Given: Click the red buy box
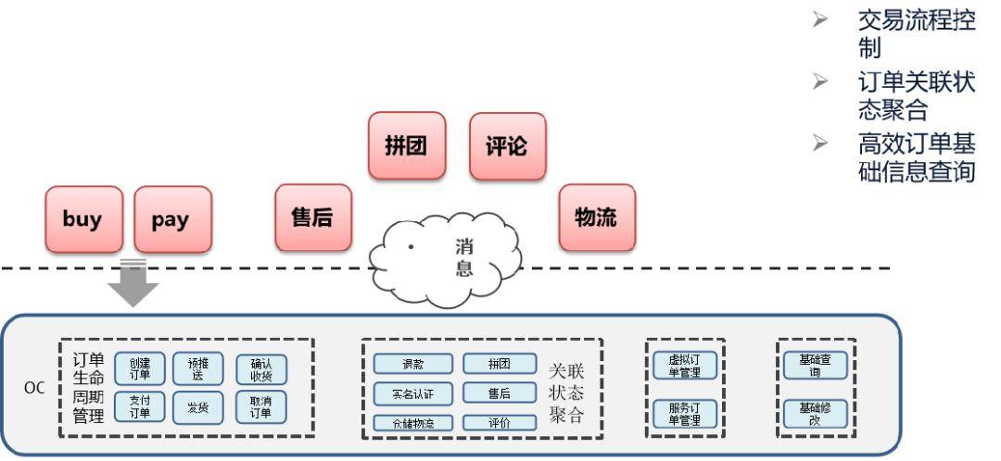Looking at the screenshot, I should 82,219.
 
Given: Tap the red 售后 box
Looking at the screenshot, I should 312,218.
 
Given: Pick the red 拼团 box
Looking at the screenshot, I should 406,146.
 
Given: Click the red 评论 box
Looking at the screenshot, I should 507,146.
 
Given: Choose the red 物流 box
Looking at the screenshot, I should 597,218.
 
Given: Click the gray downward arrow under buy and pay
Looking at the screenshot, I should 133,283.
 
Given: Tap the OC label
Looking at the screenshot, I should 34,388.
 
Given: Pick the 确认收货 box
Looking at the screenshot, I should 260,369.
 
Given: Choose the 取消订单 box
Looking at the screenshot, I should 260,407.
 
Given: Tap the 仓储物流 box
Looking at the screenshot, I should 412,423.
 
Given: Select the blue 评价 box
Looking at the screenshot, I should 500,423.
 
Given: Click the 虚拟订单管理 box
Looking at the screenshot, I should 685,366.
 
